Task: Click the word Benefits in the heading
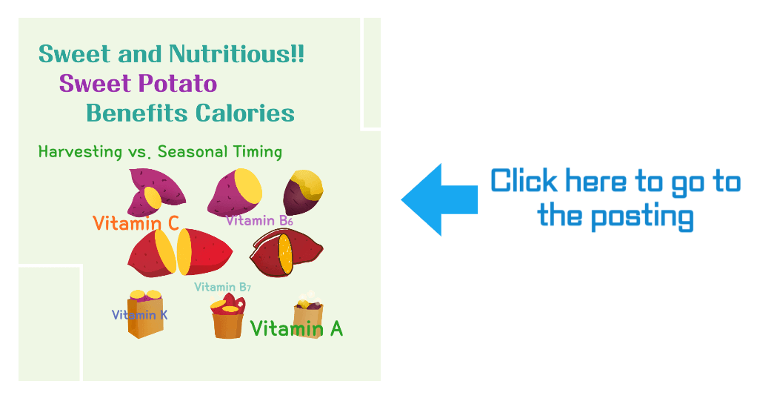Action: (137, 113)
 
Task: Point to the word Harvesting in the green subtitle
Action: (79, 152)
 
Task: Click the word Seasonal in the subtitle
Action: (192, 152)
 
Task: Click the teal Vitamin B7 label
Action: (222, 288)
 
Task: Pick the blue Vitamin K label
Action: (139, 315)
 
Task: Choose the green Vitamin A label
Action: (296, 328)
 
